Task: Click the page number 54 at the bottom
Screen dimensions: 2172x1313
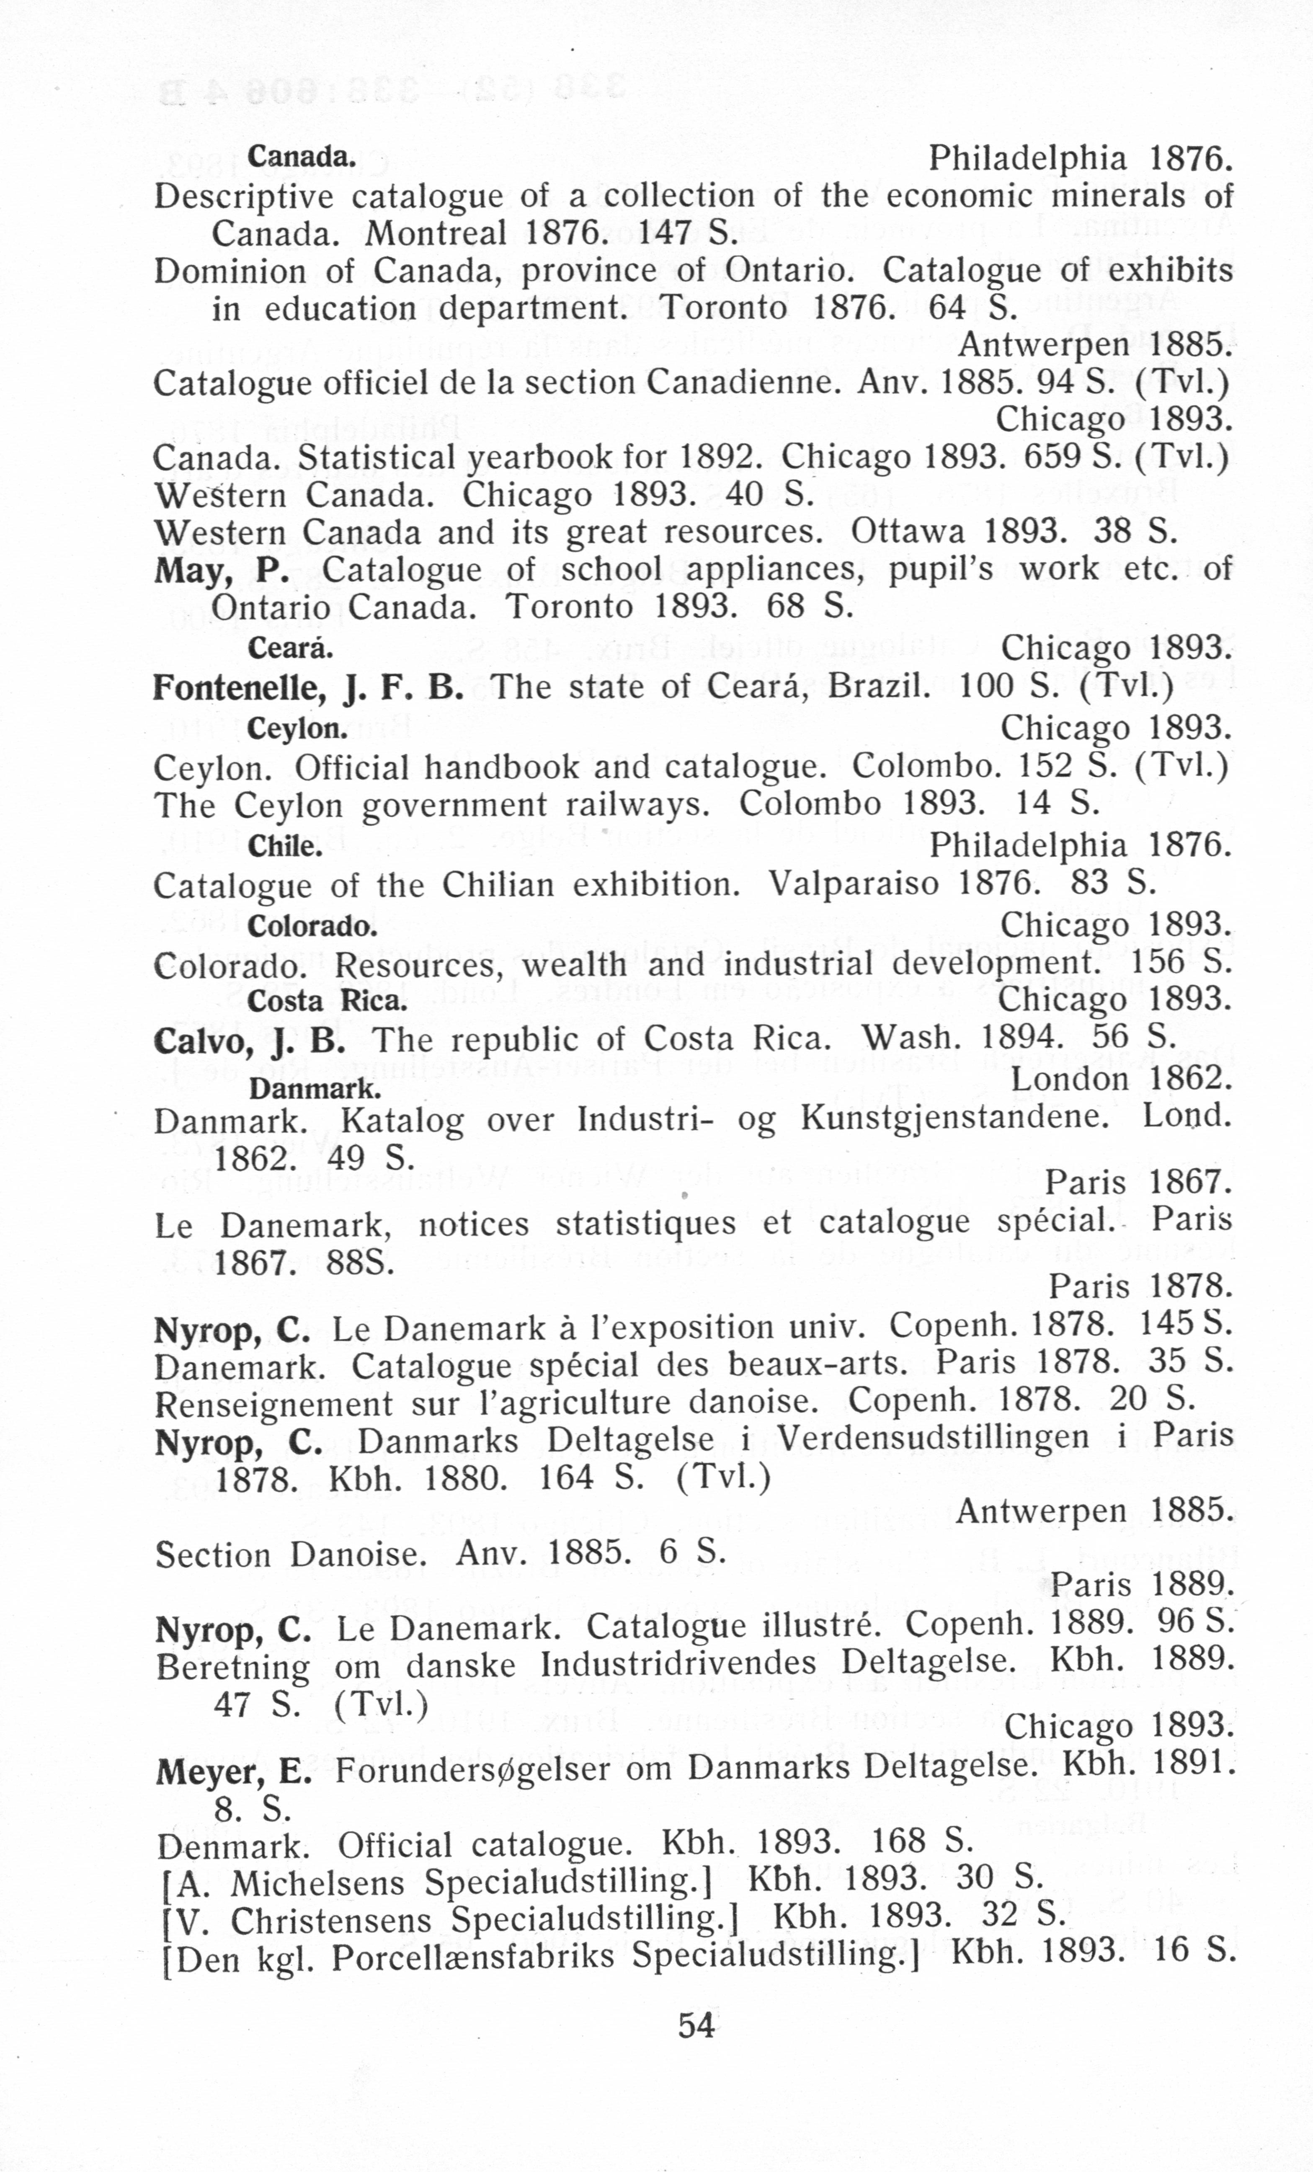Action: pos(696,2025)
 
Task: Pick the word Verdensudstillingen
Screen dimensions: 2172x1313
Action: pos(933,1439)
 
